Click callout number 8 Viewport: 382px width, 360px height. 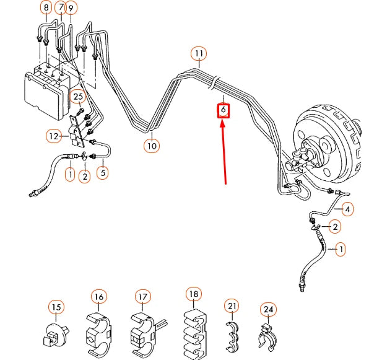point(46,8)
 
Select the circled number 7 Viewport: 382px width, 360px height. point(60,8)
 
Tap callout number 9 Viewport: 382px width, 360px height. point(71,8)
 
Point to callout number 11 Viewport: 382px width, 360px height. point(198,53)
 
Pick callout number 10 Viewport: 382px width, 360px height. point(152,146)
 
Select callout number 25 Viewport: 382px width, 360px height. point(77,96)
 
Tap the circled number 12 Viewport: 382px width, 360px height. point(53,135)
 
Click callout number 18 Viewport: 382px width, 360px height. point(193,294)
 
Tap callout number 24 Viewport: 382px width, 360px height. point(267,309)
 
